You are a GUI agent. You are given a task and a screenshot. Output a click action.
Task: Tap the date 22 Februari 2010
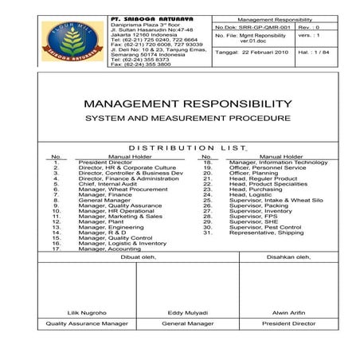(250, 52)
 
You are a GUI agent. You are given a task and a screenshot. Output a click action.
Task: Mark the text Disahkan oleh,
(288, 256)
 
